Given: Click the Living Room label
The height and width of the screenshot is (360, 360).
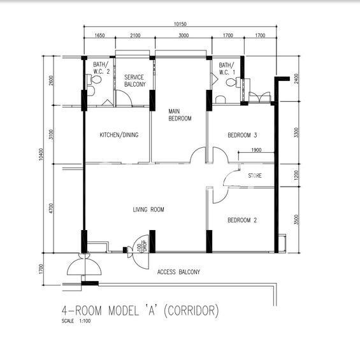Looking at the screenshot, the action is (148, 210).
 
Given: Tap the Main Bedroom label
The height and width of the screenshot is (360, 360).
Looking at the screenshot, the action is (180, 115).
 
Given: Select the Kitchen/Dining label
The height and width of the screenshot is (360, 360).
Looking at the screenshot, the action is (119, 135).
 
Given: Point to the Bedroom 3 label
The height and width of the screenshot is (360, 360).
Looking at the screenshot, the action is (242, 135).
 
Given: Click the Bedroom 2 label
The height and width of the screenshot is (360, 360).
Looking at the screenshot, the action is (242, 220).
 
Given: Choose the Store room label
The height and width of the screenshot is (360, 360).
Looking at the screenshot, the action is (255, 176).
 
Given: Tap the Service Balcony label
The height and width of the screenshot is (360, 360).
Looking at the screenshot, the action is (135, 80).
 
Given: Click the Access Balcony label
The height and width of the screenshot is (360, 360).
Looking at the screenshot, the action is (178, 272).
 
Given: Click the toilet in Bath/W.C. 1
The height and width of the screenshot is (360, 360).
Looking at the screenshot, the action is (233, 82).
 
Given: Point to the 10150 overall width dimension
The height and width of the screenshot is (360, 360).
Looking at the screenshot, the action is (180, 24).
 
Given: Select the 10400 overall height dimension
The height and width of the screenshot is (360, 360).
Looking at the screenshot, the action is (41, 154).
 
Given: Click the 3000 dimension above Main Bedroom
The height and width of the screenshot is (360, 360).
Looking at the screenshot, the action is (184, 35).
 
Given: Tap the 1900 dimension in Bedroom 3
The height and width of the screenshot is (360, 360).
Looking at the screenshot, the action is (256, 150).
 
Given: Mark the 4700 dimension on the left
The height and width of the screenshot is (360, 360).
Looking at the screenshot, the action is (51, 208).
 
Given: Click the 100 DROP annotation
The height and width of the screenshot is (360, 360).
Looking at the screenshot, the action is (142, 246).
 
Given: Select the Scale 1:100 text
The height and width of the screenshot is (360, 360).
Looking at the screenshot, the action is (76, 320).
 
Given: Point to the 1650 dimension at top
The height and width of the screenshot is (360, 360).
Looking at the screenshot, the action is (99, 35).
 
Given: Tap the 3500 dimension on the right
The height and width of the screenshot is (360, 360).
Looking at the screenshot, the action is (296, 220).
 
